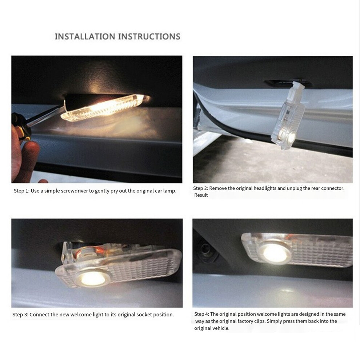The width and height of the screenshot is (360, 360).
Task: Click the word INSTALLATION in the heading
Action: (85, 36)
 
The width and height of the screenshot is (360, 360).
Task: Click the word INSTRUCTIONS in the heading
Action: (149, 36)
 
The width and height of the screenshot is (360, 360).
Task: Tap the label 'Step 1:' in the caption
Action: (21, 191)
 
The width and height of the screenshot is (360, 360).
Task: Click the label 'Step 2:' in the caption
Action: (201, 188)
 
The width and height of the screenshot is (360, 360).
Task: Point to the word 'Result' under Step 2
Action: (201, 195)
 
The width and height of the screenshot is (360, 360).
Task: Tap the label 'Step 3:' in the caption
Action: (20, 315)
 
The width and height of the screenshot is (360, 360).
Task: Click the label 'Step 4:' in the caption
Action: (202, 314)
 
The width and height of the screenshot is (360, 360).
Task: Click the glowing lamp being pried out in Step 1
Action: (104, 107)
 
